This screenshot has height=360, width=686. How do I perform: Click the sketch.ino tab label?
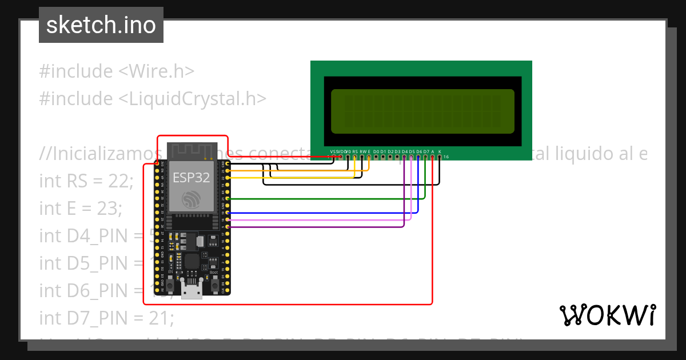[x=101, y=25]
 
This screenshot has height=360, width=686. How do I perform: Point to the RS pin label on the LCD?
[x=355, y=151]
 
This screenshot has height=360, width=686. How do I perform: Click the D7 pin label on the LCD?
[x=426, y=151]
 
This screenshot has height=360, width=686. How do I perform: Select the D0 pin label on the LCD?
[x=376, y=151]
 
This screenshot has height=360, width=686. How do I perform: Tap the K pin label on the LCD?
[x=440, y=151]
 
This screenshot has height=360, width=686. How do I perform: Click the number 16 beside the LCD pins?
[x=446, y=157]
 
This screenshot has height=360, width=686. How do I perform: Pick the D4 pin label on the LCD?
[x=405, y=151]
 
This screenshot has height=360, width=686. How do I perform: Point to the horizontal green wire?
[x=326, y=198]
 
